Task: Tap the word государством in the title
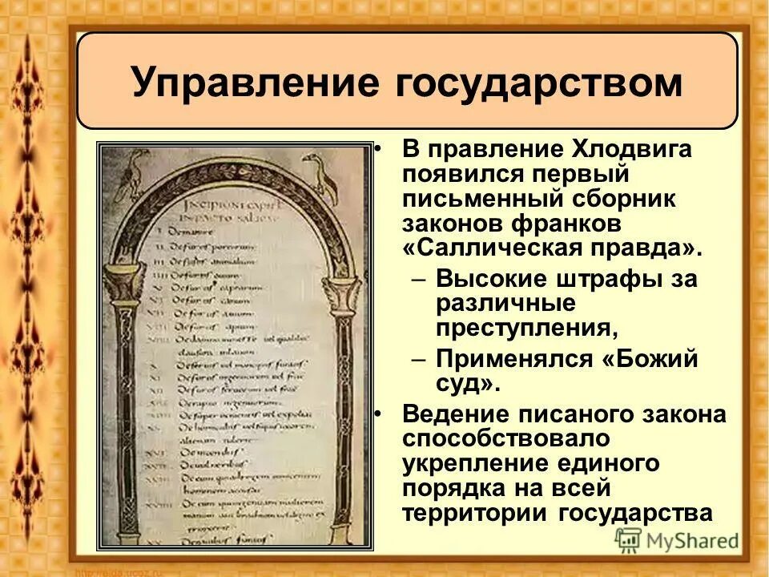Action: click(x=539, y=83)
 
